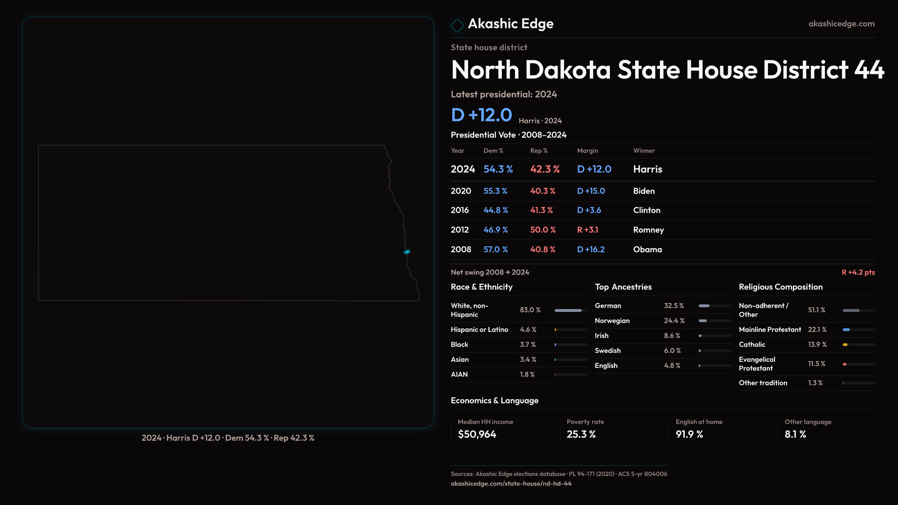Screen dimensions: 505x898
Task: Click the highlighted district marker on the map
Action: coord(407,252)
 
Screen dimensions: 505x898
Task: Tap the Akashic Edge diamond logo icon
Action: coord(457,25)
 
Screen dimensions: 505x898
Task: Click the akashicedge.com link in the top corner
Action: coord(841,24)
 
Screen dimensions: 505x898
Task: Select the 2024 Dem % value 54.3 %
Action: coord(498,169)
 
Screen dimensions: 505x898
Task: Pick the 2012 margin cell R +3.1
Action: coord(587,230)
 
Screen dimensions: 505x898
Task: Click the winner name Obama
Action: coord(647,250)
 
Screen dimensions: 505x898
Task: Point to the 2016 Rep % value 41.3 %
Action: coord(542,210)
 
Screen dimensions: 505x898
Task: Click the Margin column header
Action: coord(587,151)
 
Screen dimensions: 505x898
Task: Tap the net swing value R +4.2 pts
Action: coord(858,272)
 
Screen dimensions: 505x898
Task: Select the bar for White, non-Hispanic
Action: coord(568,310)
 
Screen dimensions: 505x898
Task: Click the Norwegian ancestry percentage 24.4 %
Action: coord(674,321)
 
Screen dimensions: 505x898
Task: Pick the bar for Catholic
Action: coord(845,345)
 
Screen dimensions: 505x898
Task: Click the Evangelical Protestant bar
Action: coord(845,364)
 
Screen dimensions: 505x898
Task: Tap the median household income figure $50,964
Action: coord(477,434)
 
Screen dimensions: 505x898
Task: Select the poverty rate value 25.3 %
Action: coord(581,434)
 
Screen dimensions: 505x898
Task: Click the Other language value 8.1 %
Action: coord(795,434)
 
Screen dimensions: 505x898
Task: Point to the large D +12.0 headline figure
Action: coord(481,115)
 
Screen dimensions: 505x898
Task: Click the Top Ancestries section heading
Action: coord(623,287)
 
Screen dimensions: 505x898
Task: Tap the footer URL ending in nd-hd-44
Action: coord(511,483)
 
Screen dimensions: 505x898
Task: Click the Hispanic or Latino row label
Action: coord(479,330)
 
